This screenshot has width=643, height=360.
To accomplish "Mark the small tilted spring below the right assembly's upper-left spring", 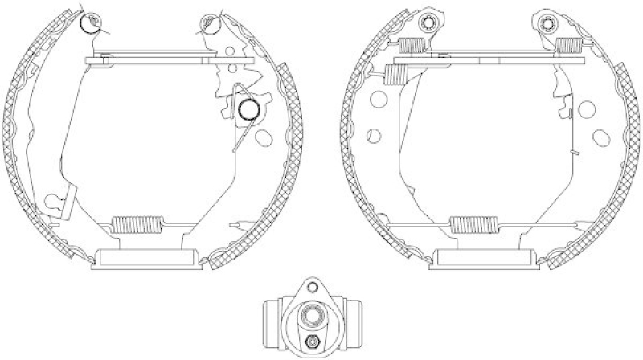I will tap(395, 74).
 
